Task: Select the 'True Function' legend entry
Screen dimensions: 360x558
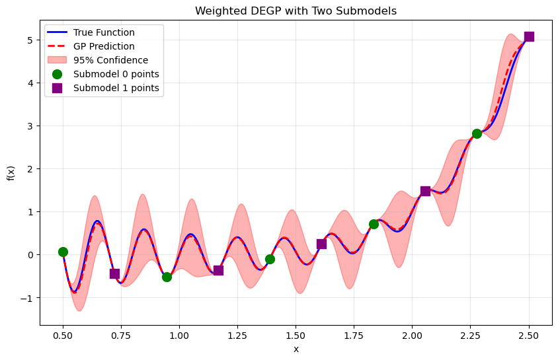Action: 104,32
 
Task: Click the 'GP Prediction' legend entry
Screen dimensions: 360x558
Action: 104,46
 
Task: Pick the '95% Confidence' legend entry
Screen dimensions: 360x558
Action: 110,60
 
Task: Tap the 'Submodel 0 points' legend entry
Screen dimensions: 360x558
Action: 116,74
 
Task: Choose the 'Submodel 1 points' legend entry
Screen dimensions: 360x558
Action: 116,88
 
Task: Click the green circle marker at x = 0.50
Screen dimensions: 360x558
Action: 63,252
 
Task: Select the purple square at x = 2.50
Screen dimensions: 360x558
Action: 529,36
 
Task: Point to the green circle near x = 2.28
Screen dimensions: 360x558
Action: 477,133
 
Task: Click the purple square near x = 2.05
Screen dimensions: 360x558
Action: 425,191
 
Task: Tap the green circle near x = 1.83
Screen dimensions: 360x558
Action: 374,224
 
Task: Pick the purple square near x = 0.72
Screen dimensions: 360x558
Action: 114,273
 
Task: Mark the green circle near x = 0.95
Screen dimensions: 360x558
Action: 167,277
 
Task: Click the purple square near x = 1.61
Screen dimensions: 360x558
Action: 321,244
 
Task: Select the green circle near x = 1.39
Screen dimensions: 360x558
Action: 270,259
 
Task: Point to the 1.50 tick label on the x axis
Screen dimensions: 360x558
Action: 296,336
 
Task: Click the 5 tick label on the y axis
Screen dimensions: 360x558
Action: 31,40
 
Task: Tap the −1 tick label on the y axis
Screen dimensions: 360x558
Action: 28,298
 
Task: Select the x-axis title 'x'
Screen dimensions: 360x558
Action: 296,349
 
